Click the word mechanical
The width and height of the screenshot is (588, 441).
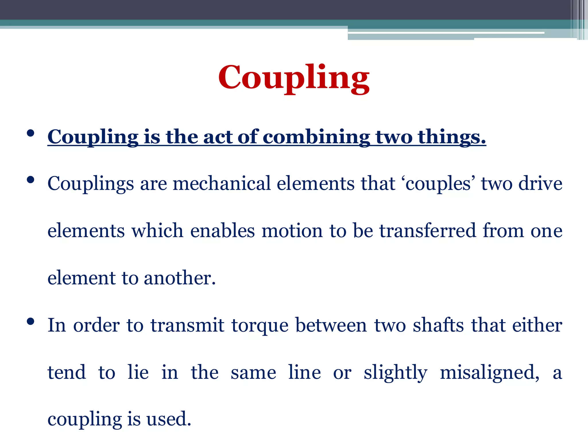coord(222,183)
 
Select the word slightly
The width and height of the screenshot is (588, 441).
coord(395,372)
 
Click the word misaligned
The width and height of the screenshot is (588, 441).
coord(490,372)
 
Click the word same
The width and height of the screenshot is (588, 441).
coord(253,372)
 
